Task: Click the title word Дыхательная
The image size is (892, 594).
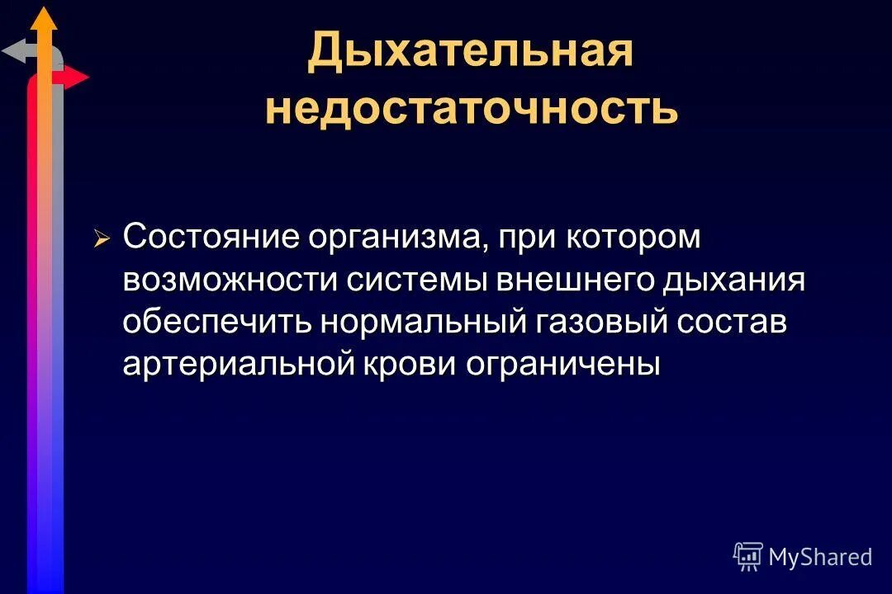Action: click(470, 51)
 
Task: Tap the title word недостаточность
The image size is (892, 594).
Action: click(472, 109)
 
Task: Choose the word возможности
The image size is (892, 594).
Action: click(230, 280)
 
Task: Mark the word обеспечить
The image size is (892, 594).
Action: click(217, 323)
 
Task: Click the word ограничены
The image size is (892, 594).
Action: click(564, 365)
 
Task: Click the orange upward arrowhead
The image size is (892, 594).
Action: click(45, 18)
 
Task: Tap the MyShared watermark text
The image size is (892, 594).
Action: click(819, 557)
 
